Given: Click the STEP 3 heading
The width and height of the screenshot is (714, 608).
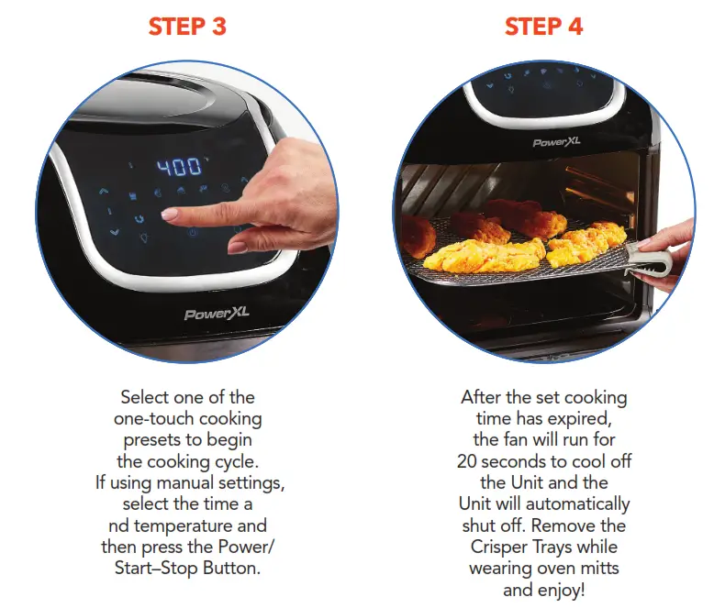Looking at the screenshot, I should [x=187, y=27].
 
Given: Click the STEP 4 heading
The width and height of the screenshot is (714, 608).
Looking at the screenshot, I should [x=543, y=27].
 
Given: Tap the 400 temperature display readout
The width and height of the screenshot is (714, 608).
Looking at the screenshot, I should [x=179, y=167].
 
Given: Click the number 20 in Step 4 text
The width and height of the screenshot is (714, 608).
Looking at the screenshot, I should [x=468, y=461].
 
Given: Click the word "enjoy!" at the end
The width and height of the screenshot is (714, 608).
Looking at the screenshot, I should [x=562, y=590].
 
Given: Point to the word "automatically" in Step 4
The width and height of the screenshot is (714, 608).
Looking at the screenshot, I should [x=575, y=504].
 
